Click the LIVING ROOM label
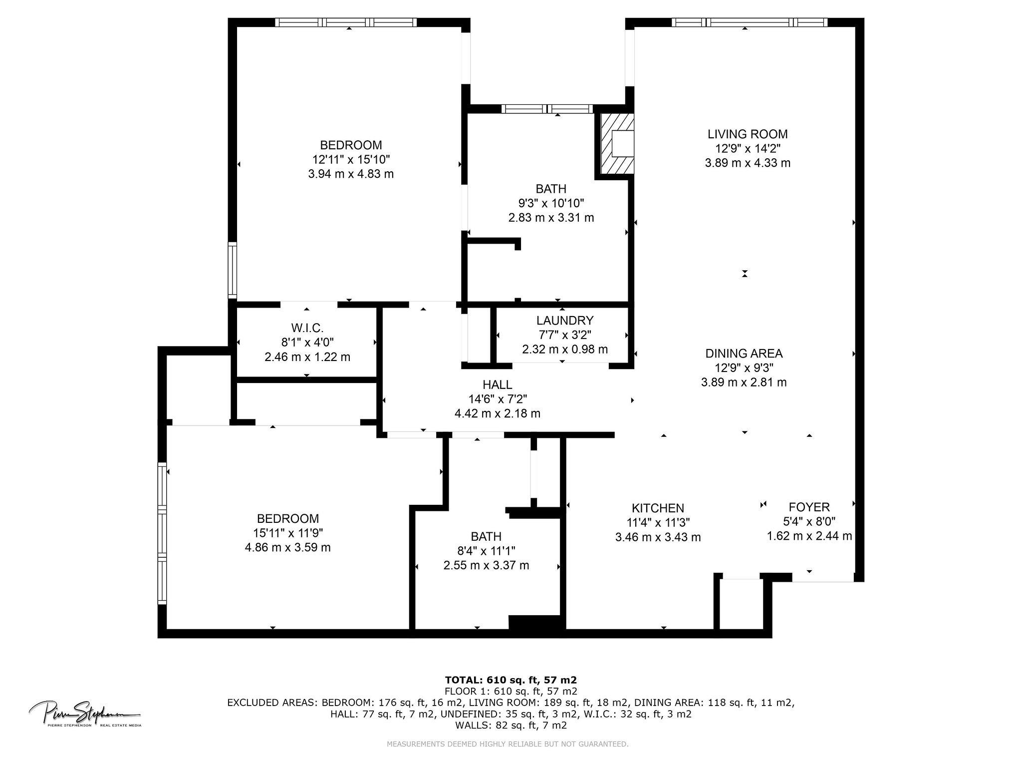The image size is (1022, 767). (747, 134)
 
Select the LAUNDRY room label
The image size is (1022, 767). (564, 320)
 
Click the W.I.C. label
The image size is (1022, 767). (307, 328)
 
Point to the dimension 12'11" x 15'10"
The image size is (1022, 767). (351, 159)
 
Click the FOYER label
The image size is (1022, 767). (809, 507)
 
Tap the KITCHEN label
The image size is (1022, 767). (657, 508)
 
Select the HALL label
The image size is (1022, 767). (497, 384)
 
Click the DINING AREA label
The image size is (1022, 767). (744, 354)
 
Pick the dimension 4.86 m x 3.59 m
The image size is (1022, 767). (287, 547)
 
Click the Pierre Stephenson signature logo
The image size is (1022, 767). (85, 713)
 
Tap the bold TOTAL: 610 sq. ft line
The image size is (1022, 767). (511, 680)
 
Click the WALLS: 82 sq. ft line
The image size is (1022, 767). (511, 725)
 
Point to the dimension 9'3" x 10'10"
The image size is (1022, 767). (551, 203)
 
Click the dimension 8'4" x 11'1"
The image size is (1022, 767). (486, 551)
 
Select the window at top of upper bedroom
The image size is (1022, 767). (345, 22)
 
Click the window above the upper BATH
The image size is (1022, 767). (547, 109)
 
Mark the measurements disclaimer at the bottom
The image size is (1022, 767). (508, 744)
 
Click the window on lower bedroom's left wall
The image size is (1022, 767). (162, 533)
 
